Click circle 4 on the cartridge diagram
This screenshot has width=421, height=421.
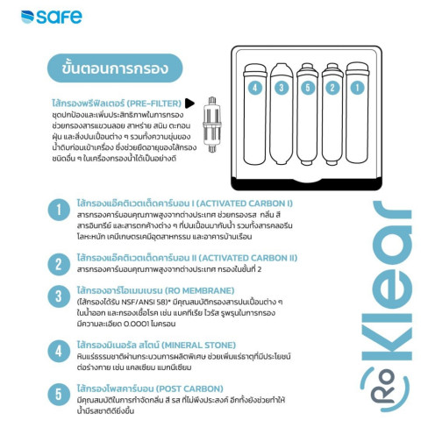(254, 88)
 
